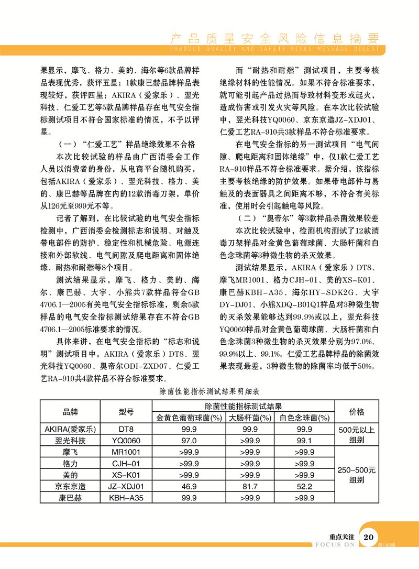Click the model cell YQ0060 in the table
tap(126, 440)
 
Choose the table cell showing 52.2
tap(304, 486)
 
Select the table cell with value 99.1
tap(304, 440)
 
